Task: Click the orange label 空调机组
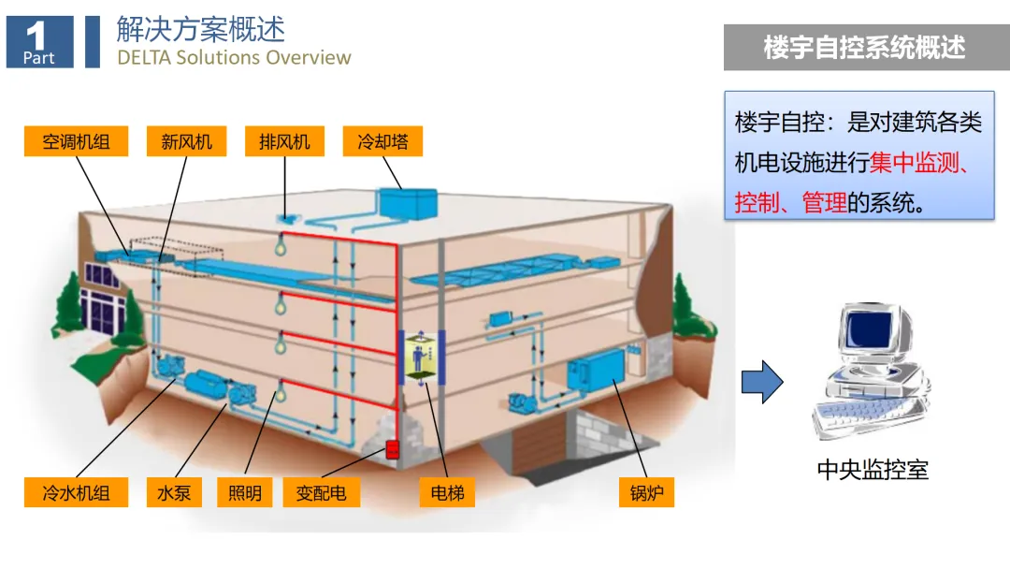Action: [x=76, y=142]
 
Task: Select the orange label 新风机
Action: [x=187, y=142]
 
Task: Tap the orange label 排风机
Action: [x=284, y=142]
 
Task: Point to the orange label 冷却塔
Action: [x=382, y=142]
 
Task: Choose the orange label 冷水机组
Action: [x=76, y=492]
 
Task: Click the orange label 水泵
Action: [x=174, y=492]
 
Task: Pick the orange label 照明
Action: [x=245, y=492]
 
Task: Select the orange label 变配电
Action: [x=322, y=492]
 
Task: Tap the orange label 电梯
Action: [x=447, y=492]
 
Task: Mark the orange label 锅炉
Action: [x=646, y=492]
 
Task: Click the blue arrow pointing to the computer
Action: [x=761, y=382]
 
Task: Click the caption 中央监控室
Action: [x=873, y=469]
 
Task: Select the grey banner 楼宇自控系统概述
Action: [x=865, y=48]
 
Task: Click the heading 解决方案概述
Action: [x=200, y=29]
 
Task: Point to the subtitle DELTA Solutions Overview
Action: [x=234, y=57]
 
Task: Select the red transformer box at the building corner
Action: [x=392, y=449]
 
